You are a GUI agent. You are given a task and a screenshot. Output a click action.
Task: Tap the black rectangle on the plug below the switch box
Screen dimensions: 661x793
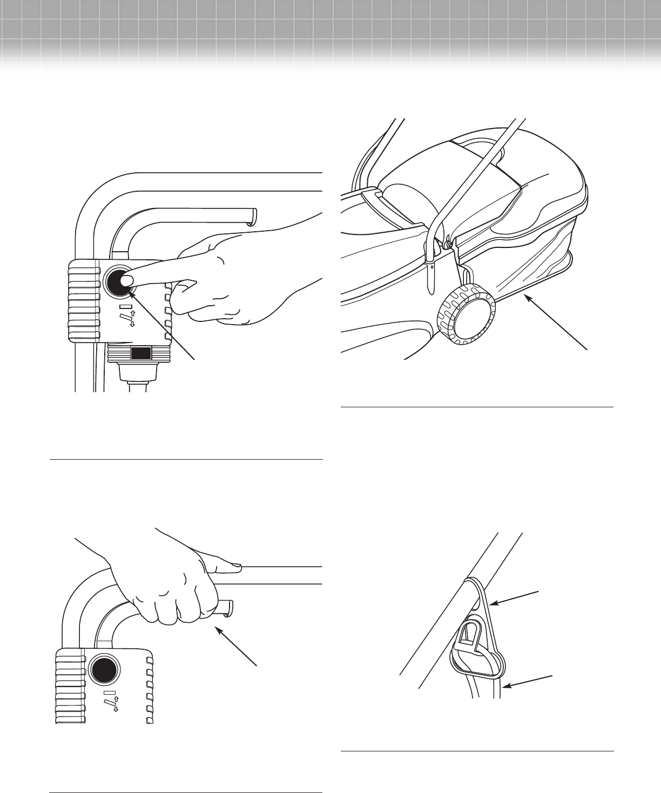(x=141, y=354)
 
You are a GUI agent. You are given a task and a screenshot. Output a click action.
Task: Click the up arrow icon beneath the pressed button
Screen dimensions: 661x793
(x=132, y=313)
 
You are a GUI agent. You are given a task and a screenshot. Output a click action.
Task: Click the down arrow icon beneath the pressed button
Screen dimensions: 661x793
(x=132, y=324)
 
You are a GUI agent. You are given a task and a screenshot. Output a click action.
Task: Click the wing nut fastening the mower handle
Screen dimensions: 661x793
(x=448, y=245)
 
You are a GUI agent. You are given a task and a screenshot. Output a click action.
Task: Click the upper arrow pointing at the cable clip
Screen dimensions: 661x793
(x=516, y=598)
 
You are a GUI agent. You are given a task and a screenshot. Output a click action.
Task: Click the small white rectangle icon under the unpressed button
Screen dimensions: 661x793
(x=110, y=691)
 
